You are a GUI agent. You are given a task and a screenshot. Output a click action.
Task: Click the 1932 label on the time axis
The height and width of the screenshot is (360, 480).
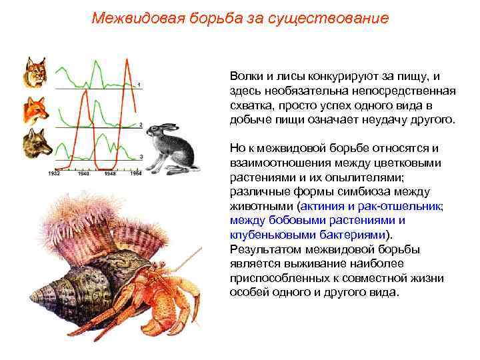(x=55, y=173)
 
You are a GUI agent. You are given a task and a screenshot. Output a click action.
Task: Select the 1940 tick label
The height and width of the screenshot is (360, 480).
(x=83, y=173)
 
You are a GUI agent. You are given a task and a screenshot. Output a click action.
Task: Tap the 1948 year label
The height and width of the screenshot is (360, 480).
(x=111, y=173)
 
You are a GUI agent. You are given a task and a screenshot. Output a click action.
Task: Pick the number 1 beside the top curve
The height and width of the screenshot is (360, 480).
(x=139, y=84)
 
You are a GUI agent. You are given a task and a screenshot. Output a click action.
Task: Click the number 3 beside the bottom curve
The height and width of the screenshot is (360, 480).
(x=141, y=156)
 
